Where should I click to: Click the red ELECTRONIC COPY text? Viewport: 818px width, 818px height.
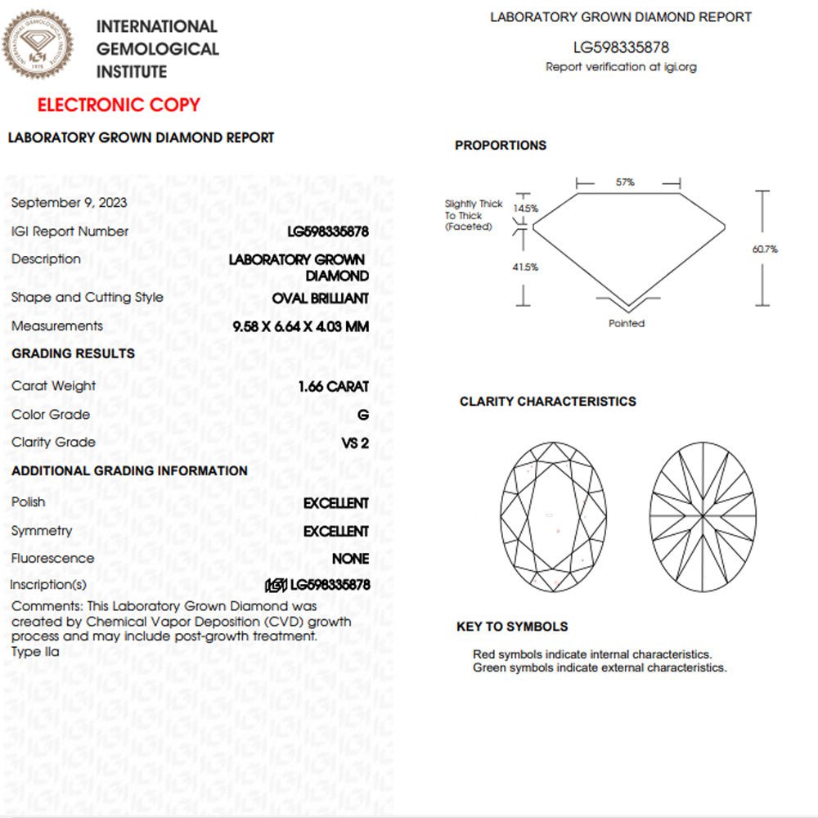119,105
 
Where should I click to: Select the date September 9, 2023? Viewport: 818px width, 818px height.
70,203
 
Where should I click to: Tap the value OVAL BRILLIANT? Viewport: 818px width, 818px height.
320,299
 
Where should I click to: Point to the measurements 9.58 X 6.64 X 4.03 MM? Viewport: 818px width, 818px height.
301,326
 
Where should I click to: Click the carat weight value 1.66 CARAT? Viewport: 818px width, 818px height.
334,386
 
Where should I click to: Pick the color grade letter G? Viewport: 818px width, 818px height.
363,415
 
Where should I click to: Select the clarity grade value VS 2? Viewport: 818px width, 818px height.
355,443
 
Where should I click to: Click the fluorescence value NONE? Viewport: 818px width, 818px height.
350,559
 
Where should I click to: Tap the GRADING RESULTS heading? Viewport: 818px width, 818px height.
74,353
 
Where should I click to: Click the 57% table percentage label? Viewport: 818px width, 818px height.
625,182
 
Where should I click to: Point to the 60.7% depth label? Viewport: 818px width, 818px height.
765,249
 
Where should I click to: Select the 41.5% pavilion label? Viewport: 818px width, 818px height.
526,267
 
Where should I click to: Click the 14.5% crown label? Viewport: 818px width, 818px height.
525,209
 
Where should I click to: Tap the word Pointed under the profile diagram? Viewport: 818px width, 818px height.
627,323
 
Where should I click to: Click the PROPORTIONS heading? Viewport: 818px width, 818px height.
501,146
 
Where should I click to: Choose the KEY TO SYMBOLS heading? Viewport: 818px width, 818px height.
512,627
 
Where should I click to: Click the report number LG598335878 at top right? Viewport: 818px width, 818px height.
621,47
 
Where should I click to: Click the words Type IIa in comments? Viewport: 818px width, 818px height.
35,652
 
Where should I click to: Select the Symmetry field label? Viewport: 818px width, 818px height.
42,531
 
